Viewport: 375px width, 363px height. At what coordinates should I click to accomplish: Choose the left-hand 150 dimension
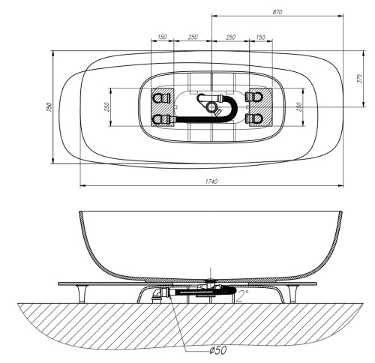[x=162, y=37]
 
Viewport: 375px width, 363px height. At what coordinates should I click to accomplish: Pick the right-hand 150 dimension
[x=260, y=37]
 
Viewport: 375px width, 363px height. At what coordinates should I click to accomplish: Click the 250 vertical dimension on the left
[x=106, y=107]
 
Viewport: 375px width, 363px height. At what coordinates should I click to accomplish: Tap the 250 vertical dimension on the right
[x=299, y=107]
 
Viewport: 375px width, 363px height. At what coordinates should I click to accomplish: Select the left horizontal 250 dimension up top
[x=192, y=37]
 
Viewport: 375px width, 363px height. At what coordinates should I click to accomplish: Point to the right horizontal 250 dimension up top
[x=231, y=37]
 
